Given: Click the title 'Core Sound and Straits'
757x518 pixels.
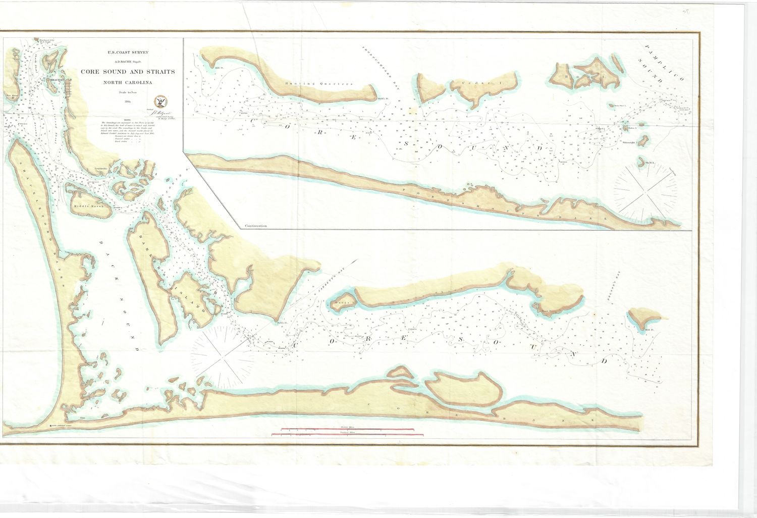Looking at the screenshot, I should (x=128, y=72).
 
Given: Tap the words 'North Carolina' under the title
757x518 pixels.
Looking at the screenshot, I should (x=128, y=82).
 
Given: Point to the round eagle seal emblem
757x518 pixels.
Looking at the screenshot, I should (x=161, y=100).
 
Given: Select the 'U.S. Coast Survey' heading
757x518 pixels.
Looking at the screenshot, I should (x=128, y=53).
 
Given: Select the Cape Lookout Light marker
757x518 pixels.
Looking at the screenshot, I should (x=52, y=426).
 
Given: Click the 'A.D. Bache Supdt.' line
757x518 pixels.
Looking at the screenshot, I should (x=128, y=62).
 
